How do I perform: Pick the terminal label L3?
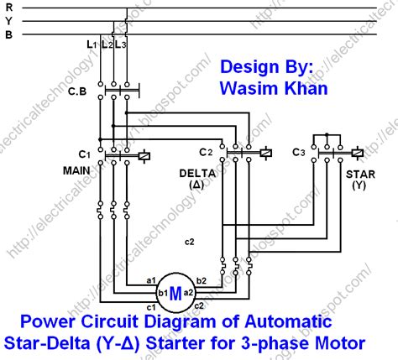(x=123, y=43)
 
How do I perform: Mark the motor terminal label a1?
(x=150, y=279)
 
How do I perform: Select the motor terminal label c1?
(x=152, y=305)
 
